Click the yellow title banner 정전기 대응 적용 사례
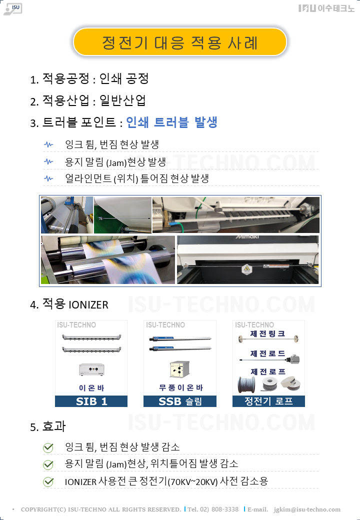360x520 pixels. point(179,42)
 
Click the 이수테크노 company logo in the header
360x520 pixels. point(326,8)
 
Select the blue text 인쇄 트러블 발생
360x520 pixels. point(171,122)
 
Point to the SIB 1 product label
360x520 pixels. point(91,401)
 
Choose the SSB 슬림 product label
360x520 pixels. point(180,401)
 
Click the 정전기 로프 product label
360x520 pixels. point(268,401)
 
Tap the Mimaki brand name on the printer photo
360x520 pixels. point(247,237)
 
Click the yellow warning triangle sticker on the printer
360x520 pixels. point(246,268)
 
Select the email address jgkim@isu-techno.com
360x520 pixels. point(307,509)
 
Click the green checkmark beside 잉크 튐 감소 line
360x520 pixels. point(48,447)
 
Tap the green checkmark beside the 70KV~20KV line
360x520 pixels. point(48,482)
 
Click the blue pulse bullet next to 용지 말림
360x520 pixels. point(48,161)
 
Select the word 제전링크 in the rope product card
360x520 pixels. point(267,333)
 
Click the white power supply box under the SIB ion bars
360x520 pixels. point(92,369)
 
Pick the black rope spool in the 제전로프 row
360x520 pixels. point(247,385)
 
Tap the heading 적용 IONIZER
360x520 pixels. point(75,304)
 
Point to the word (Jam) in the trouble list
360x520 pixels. point(116,163)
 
